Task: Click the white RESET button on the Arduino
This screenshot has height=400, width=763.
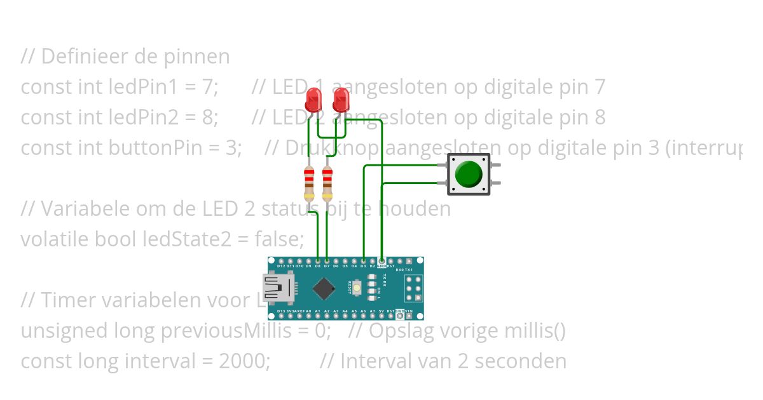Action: (357, 289)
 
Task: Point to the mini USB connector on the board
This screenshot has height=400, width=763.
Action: (275, 288)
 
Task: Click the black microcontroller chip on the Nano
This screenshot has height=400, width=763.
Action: (324, 290)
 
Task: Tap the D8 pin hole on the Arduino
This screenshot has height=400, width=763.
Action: (317, 260)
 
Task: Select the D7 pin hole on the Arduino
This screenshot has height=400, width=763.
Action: (327, 260)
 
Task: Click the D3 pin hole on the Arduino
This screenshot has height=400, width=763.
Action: (363, 260)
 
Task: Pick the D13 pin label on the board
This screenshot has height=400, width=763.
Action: (281, 311)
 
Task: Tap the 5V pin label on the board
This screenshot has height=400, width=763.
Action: (381, 311)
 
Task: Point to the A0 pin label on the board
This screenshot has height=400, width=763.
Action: (308, 311)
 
